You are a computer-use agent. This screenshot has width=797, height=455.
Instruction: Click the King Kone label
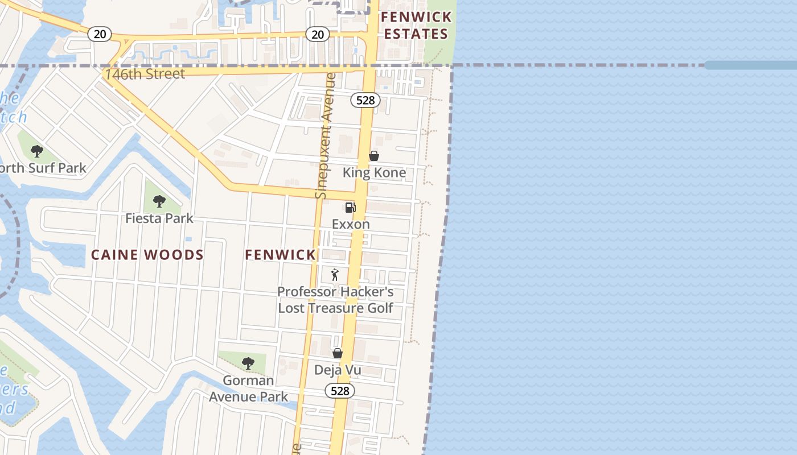click(374, 172)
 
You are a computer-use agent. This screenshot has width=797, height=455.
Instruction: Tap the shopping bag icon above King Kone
click(374, 155)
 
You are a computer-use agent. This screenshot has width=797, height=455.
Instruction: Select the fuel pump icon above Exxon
click(351, 208)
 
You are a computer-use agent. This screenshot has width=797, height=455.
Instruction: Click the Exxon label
click(351, 224)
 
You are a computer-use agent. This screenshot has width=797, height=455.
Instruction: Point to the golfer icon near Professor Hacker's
click(335, 275)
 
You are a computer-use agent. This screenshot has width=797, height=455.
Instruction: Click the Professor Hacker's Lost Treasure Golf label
click(335, 300)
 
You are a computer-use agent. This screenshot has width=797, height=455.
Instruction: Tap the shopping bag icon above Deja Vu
click(338, 353)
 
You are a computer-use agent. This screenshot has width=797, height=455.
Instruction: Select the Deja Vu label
click(338, 370)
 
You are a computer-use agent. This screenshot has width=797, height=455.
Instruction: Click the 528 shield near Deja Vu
click(340, 391)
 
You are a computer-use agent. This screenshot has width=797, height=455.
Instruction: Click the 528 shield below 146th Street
click(365, 101)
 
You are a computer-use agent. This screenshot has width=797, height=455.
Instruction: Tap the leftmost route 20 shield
click(100, 34)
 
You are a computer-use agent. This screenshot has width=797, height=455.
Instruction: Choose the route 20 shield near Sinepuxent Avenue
click(318, 35)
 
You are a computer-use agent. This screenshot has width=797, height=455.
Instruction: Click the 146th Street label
click(145, 74)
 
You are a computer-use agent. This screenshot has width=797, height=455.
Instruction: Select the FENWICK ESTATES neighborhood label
click(417, 26)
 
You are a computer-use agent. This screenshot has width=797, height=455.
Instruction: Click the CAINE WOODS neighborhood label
click(147, 255)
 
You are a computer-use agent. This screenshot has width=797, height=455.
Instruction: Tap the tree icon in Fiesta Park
click(159, 201)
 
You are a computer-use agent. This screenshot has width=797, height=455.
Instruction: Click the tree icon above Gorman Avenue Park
click(248, 363)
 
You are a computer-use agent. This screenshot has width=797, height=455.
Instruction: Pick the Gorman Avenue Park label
click(248, 388)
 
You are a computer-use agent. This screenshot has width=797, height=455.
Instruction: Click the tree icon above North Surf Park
click(37, 151)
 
